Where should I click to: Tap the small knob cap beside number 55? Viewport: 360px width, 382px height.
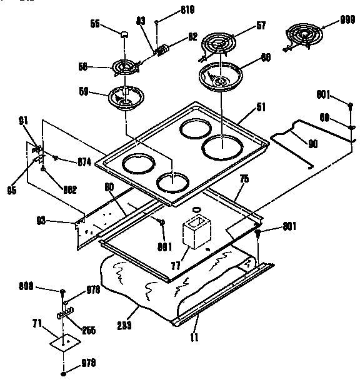click(x=126, y=35)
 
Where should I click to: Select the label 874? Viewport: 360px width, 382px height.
click(x=84, y=162)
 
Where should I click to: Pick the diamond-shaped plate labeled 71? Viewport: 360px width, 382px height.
click(x=62, y=341)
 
